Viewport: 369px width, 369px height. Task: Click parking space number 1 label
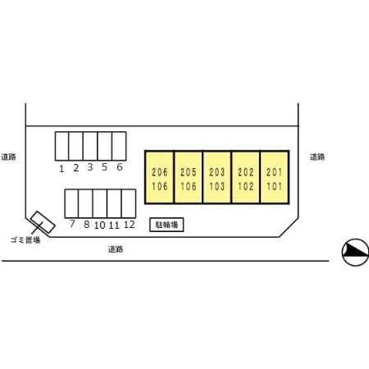pos(61,169)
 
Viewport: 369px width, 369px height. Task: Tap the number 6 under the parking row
pos(120,167)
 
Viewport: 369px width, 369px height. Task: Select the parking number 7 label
pos(72,224)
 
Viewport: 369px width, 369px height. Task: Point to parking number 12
pos(130,225)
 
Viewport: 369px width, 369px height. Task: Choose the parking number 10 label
pos(100,225)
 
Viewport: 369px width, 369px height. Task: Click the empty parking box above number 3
pos(90,146)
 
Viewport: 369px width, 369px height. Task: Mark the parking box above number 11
pos(114,203)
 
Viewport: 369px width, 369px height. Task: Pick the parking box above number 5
pos(105,146)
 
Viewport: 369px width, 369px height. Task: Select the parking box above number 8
pos(85,203)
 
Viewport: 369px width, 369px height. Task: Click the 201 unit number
pos(274,172)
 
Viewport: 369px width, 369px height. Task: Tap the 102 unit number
pos(246,186)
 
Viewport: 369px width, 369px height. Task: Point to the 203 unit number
pos(217,172)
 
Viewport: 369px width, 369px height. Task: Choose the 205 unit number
pos(189,172)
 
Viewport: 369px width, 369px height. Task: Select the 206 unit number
pos(160,172)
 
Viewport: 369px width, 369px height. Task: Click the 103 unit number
pos(217,186)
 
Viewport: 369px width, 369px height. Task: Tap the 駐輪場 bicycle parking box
pos(166,225)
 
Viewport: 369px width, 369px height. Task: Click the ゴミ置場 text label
pos(25,240)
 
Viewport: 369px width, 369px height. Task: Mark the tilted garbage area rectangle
pos(43,222)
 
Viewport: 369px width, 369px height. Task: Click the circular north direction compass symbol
pos(355,253)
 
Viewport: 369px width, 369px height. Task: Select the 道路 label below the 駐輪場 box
pos(116,249)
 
